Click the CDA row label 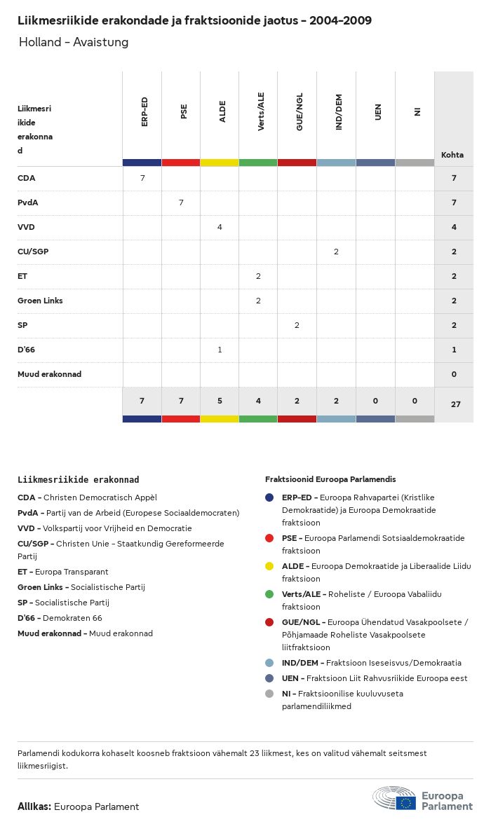tap(27, 178)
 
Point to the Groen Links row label tap(40, 301)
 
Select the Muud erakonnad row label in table tap(49, 374)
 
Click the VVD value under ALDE tap(220, 227)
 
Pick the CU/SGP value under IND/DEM tap(336, 252)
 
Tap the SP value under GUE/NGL tap(297, 325)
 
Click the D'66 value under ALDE tap(220, 350)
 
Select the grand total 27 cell tap(455, 404)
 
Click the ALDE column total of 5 tap(220, 401)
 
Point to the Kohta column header tap(452, 155)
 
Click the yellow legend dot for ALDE tap(270, 566)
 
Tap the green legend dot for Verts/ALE tap(270, 594)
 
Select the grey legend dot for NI tap(270, 694)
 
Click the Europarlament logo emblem tap(395, 799)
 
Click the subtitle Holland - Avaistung tap(74, 42)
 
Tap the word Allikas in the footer tap(34, 806)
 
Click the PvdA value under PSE tap(181, 202)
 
